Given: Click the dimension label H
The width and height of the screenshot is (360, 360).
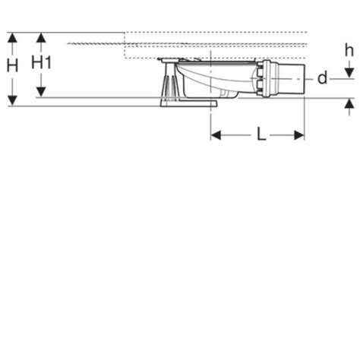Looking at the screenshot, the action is [x=12, y=65].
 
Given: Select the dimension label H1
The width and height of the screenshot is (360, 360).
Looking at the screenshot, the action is [x=41, y=62].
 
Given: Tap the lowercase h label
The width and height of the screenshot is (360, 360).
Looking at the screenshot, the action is [x=349, y=50].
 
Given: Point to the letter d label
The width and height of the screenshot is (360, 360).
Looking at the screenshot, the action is [x=323, y=78].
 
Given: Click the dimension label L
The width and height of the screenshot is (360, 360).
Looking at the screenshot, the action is [x=261, y=134].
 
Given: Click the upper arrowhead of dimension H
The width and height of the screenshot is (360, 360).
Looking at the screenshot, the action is [x=12, y=38].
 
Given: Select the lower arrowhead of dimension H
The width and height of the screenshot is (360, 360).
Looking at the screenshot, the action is [x=12, y=101].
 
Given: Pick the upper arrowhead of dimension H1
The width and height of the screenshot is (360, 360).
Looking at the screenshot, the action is [x=41, y=38].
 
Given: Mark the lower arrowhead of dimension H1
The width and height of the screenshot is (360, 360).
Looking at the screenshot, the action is [x=41, y=92].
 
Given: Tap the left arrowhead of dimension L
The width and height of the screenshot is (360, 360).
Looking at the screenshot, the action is [x=216, y=135].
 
